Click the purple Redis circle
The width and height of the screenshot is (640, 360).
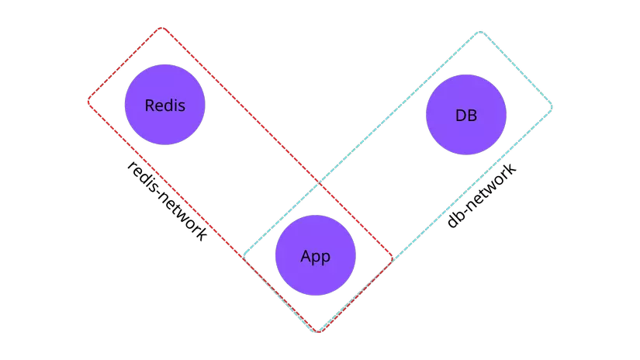pyautogui.click(x=165, y=106)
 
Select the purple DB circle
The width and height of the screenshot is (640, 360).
pyautogui.click(x=466, y=116)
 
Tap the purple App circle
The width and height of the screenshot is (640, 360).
pyautogui.click(x=316, y=256)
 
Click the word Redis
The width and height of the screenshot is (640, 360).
pyautogui.click(x=165, y=106)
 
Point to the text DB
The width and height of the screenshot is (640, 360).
pyautogui.click(x=466, y=116)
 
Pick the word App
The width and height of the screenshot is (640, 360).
pyautogui.click(x=316, y=257)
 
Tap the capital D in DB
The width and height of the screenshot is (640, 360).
pyautogui.click(x=461, y=116)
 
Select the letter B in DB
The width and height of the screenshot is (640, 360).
pyautogui.click(x=472, y=116)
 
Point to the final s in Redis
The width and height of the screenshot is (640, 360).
pyautogui.click(x=182, y=106)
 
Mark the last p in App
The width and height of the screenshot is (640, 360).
pyautogui.click(x=326, y=258)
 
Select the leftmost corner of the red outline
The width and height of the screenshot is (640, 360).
pyautogui.click(x=88, y=101)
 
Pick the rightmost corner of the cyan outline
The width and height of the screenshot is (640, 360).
pyautogui.click(x=552, y=106)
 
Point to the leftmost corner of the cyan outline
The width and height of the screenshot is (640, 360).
pyautogui.click(x=244, y=256)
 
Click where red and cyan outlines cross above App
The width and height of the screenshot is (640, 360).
pyautogui.click(x=318, y=183)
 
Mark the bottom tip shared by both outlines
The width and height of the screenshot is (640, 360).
pyautogui.click(x=318, y=332)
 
